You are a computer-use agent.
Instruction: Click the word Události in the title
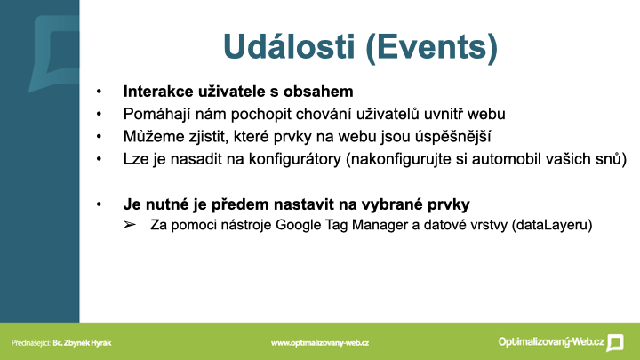coord(289,46)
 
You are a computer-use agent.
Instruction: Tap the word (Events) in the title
coord(432,47)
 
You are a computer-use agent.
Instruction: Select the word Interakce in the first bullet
coord(158,92)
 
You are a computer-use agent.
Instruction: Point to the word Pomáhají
coord(157,114)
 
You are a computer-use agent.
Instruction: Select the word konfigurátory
coord(295,159)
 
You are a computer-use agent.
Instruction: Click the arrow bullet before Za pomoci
coord(130,225)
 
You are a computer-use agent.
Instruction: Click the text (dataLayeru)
coord(552,225)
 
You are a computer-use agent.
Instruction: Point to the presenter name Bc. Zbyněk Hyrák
coord(82,343)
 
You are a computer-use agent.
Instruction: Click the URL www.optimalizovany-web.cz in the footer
coord(320,343)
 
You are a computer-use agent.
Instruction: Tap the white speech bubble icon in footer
coord(615,342)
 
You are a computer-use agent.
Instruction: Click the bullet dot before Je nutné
coord(99,204)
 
